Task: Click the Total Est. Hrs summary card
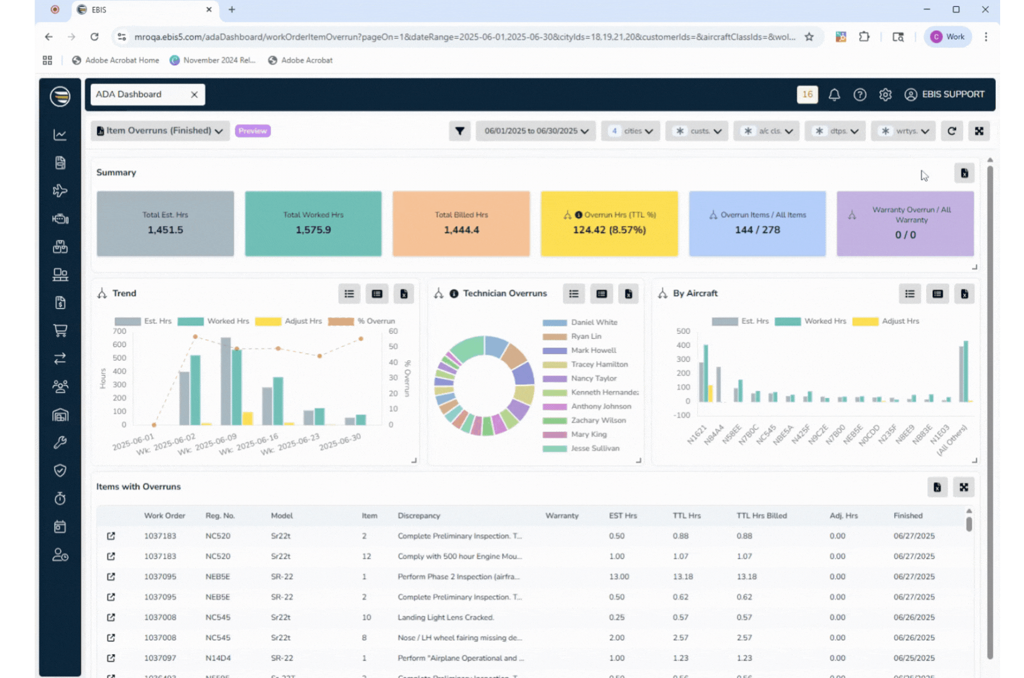pos(165,223)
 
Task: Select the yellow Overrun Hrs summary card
pos(609,223)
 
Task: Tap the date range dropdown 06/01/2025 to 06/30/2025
pos(536,131)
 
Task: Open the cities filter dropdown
pos(631,131)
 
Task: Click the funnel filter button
pos(460,131)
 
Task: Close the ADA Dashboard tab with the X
pos(195,95)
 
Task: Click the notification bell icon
pos(834,95)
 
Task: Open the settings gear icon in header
pos(885,95)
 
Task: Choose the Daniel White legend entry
pos(594,323)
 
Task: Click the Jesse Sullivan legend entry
pos(595,449)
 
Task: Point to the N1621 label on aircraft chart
pos(696,435)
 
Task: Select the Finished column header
pos(908,516)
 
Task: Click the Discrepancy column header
pos(419,516)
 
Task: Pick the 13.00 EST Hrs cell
pos(619,577)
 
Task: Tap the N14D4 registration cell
pos(218,659)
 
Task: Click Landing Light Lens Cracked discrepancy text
pos(445,618)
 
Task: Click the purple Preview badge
pos(253,131)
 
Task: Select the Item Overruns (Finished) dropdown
pos(160,131)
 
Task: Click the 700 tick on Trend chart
pos(119,331)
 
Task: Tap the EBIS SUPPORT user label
pos(952,95)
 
